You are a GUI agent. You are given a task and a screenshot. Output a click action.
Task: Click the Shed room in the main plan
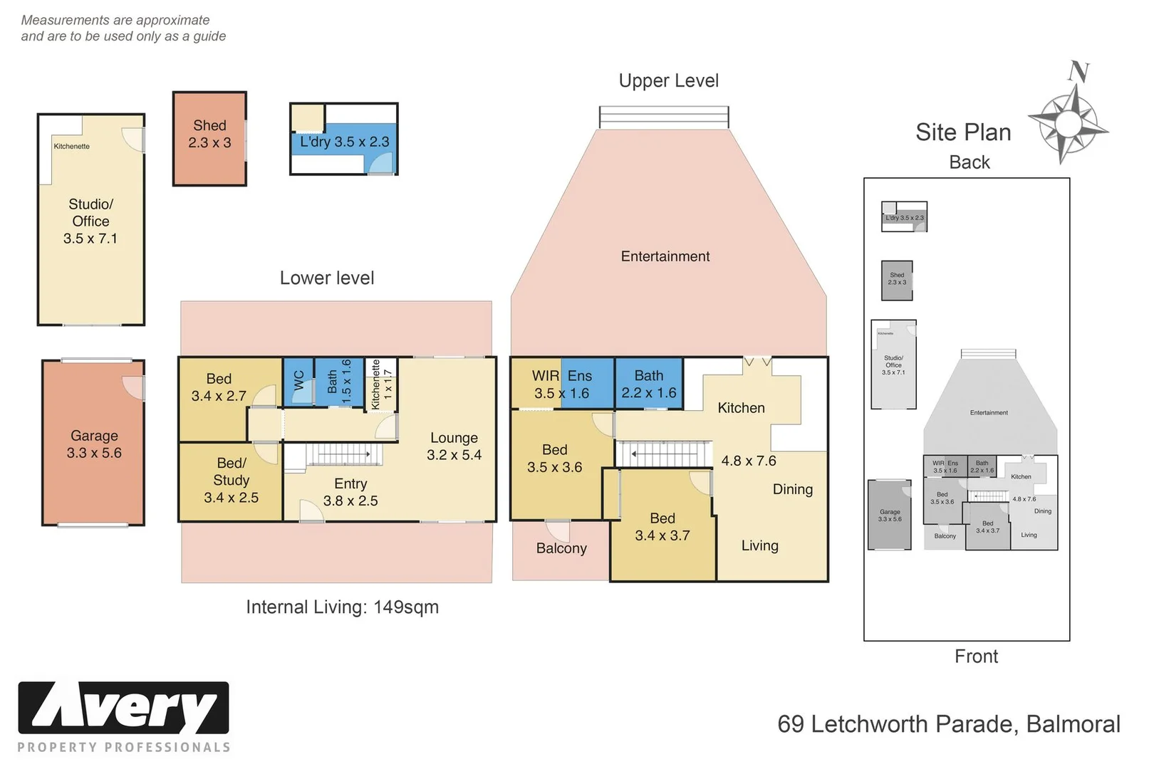209,138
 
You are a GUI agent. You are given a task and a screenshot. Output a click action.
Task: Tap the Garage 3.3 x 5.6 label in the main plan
94,444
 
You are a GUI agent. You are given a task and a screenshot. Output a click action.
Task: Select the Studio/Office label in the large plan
90,221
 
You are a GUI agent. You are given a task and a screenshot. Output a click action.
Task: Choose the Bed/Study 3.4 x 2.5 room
231,481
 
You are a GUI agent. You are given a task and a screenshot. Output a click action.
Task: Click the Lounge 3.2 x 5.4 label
454,446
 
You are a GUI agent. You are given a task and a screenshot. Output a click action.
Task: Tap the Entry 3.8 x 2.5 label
350,492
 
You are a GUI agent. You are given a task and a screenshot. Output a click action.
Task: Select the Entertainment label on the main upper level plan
665,256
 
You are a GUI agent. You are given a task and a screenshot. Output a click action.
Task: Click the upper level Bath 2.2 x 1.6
648,384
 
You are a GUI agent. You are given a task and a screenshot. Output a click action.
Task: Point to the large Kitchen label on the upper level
741,408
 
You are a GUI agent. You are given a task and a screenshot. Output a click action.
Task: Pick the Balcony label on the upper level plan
561,548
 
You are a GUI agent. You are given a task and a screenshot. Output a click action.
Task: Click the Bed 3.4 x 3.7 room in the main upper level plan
662,527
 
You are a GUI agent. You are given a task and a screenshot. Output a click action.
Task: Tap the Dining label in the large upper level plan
792,489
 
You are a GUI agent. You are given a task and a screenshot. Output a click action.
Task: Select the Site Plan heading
963,132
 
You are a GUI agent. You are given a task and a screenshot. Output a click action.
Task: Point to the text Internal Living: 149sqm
342,607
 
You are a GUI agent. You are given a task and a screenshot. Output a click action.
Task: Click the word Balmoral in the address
1073,724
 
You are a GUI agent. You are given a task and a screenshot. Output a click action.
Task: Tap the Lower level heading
326,278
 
